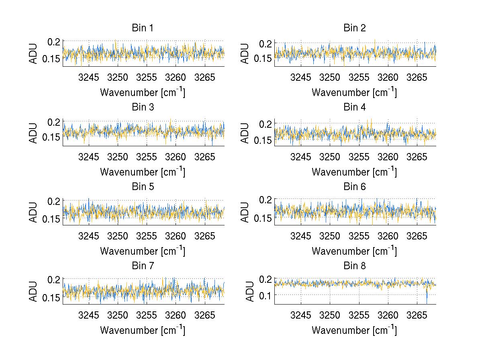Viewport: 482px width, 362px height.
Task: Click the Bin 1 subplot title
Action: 143,28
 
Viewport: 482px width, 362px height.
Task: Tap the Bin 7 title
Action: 143,266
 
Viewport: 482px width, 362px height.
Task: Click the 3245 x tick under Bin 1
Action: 89,77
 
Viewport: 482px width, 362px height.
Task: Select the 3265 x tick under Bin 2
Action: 417,77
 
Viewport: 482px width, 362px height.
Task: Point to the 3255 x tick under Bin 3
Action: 147,156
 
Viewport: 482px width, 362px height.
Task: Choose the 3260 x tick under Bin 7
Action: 176,315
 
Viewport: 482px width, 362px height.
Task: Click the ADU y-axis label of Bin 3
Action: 34,133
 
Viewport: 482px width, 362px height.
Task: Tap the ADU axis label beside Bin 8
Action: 250,291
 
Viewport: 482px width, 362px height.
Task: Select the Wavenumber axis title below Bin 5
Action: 143,251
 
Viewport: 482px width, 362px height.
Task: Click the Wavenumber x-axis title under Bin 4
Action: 354,172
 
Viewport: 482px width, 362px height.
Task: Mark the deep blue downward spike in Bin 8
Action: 427,298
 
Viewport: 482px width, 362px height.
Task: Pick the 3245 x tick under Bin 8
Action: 300,315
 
